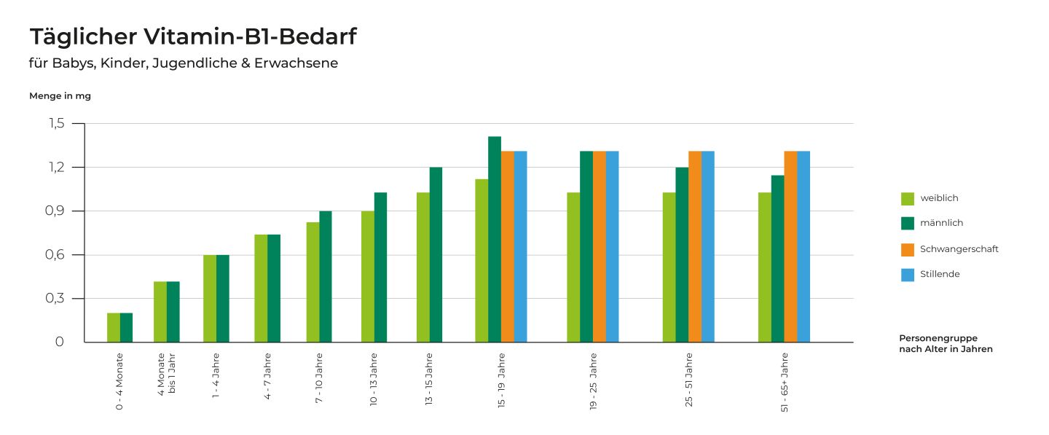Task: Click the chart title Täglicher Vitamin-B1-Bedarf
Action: coord(193,36)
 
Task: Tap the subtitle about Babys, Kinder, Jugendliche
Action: coord(184,63)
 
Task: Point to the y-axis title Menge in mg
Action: coord(60,95)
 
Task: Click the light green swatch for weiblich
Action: coord(908,198)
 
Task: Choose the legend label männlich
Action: coord(941,223)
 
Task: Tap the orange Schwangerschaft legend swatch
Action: coord(908,249)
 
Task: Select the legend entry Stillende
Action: coord(940,274)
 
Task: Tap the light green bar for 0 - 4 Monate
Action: coord(114,327)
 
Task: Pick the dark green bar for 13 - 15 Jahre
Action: coord(436,254)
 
